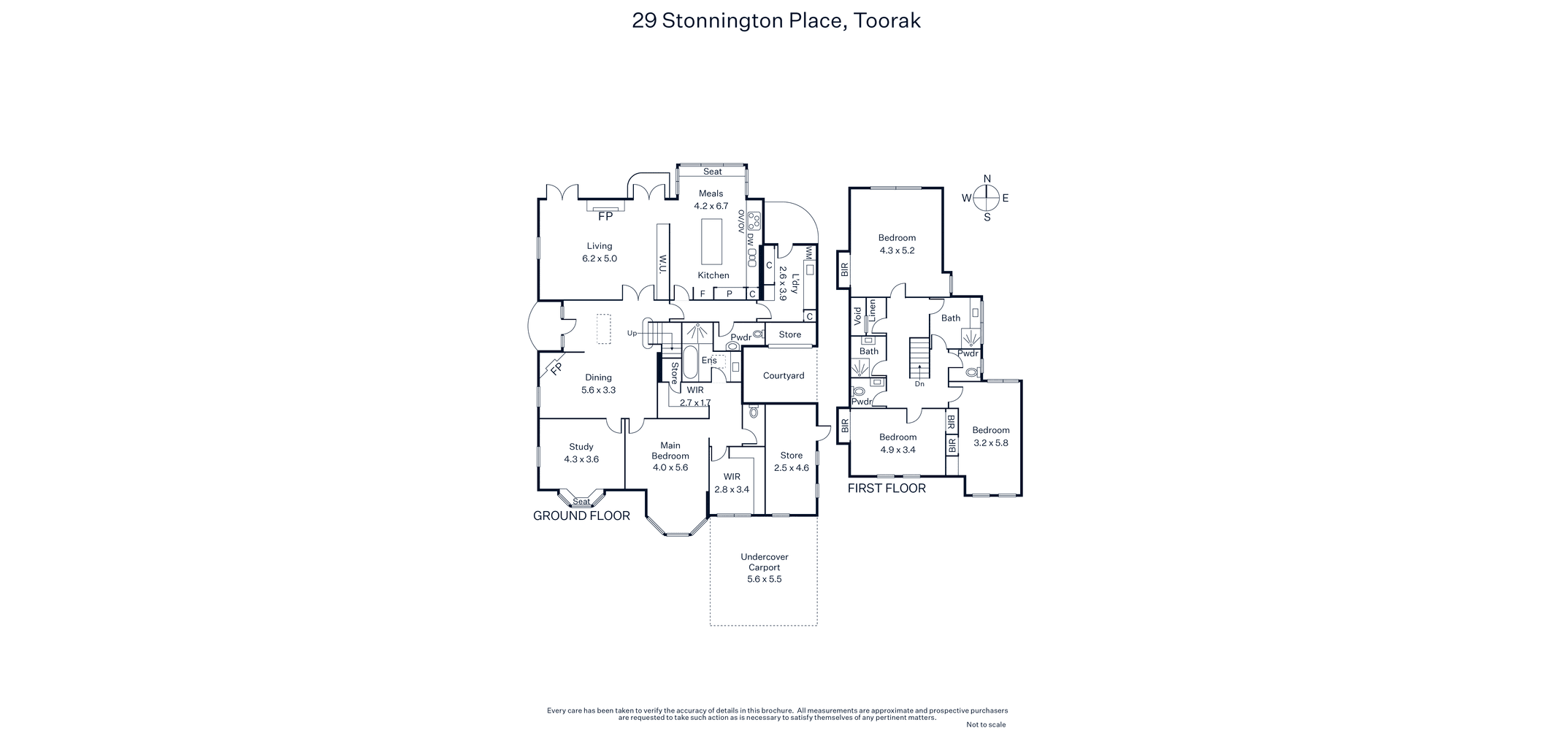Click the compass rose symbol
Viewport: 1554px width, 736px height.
click(x=987, y=197)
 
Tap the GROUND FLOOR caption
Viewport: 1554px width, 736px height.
click(x=581, y=515)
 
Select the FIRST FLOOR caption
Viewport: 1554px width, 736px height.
click(x=887, y=488)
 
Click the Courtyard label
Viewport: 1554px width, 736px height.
click(x=784, y=375)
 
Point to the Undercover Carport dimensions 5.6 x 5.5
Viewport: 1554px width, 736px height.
click(x=765, y=579)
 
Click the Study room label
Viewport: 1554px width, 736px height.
click(x=581, y=447)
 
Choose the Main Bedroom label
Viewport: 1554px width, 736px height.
click(x=670, y=451)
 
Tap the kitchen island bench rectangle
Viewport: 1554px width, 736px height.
click(x=711, y=242)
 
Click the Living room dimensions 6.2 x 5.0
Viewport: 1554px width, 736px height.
click(x=600, y=258)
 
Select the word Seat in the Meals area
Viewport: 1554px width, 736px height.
click(x=713, y=172)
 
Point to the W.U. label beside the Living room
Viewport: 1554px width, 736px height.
click(x=663, y=264)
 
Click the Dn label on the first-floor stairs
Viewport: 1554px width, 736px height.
click(x=919, y=384)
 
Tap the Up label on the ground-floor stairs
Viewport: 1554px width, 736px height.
click(x=632, y=333)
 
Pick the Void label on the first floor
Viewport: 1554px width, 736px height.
click(x=858, y=315)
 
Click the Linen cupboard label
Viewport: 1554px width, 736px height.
click(x=872, y=310)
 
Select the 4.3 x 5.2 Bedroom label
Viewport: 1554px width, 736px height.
click(x=897, y=244)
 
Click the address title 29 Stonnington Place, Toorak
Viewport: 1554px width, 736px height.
click(x=776, y=20)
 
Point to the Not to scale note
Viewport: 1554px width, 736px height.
click(x=986, y=725)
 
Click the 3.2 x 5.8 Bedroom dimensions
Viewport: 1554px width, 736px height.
click(x=991, y=442)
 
